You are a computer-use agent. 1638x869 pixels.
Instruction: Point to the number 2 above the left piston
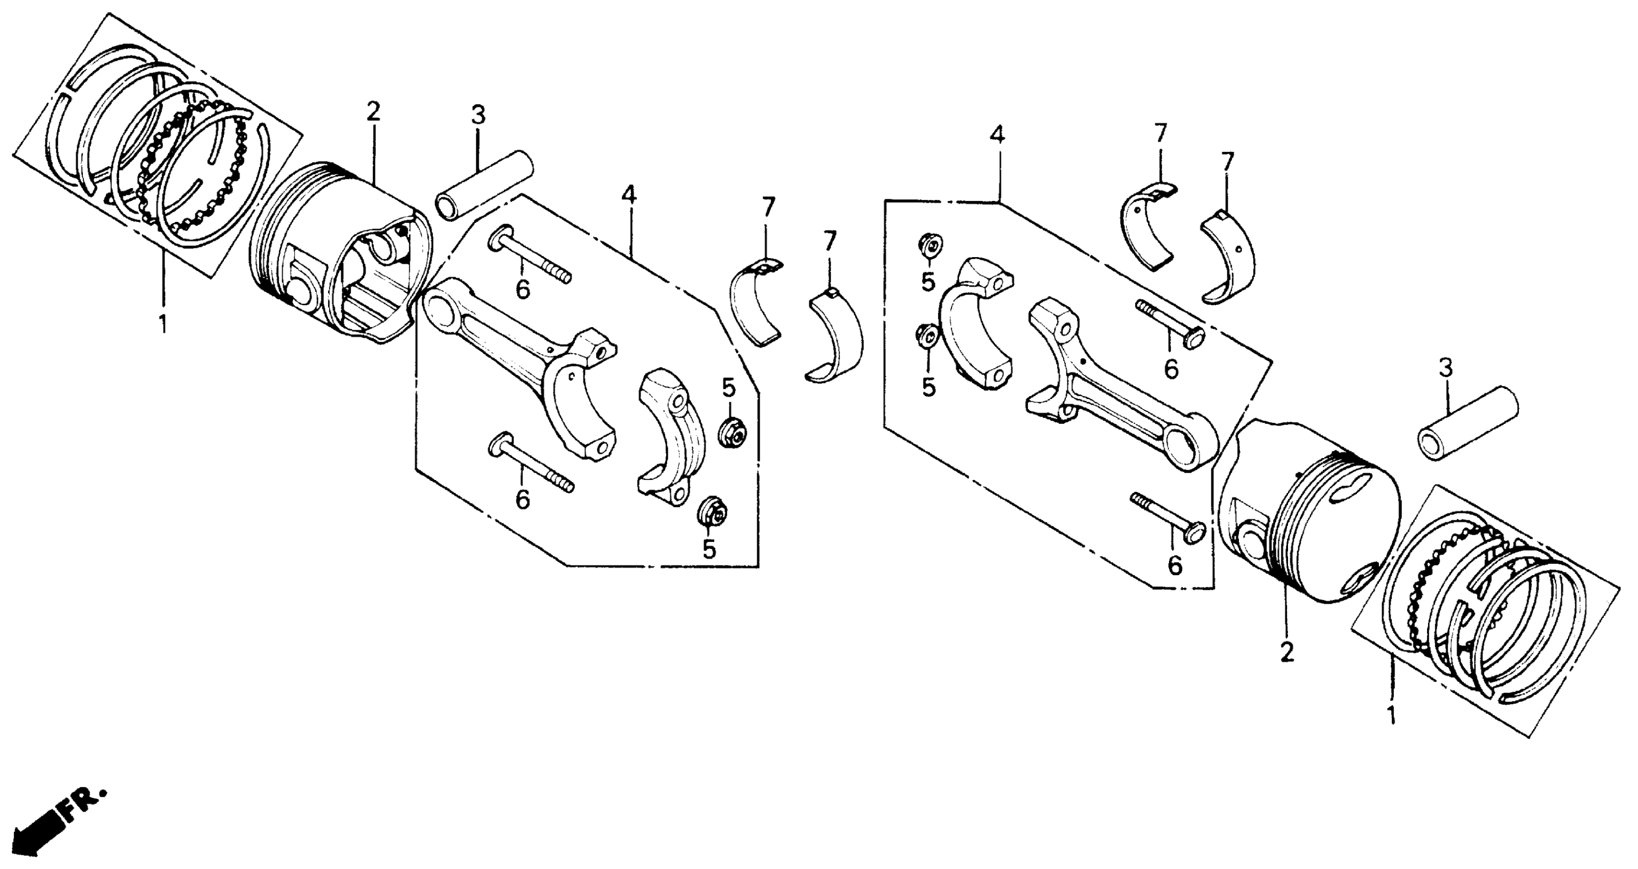tap(373, 112)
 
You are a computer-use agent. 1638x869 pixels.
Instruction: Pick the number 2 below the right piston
tap(1286, 653)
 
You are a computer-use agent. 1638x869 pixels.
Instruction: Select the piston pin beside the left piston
tap(483, 185)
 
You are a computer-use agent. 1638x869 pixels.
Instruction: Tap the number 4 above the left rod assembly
tap(628, 196)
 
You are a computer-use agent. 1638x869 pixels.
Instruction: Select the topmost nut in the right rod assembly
tap(930, 245)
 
